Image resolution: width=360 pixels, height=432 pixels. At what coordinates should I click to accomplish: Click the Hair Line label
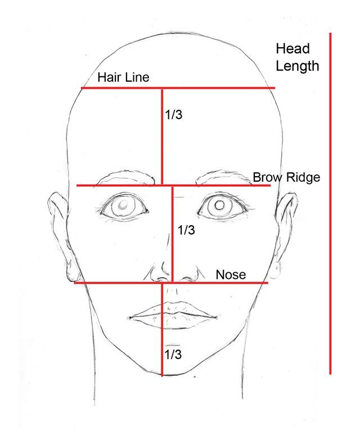123,77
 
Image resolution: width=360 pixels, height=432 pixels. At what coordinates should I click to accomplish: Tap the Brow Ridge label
286,177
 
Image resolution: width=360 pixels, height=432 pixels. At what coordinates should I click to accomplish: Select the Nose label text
231,274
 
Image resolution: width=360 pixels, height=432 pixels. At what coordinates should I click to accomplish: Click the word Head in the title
292,49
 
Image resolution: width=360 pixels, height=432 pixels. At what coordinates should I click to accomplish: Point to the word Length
298,66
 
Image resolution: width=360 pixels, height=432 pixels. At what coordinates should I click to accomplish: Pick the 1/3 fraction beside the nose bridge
186,230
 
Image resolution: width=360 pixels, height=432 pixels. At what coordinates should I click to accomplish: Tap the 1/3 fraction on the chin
173,354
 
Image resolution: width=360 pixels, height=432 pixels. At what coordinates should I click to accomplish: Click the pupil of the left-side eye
121,206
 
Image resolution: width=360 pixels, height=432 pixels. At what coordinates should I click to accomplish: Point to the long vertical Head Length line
330,202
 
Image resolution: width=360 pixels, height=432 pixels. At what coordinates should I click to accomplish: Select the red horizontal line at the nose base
112,282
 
